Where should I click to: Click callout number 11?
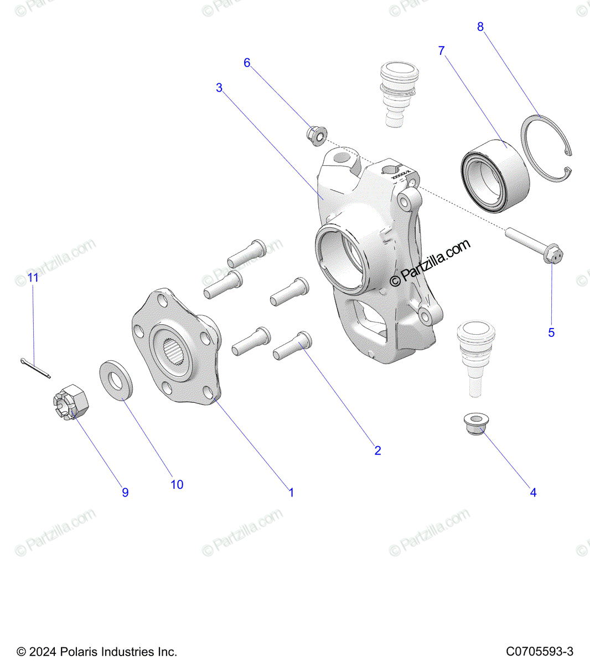(33, 278)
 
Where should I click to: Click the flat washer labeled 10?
(116, 380)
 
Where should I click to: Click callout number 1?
(291, 492)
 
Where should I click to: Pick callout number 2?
(377, 451)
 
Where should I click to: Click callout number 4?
(533, 492)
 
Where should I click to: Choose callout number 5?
(551, 332)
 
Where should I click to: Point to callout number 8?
(480, 27)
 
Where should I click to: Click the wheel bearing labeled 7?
(495, 174)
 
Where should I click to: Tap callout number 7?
(441, 51)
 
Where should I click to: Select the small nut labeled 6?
(317, 135)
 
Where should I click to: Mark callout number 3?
(219, 88)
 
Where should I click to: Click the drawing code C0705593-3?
(539, 652)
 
